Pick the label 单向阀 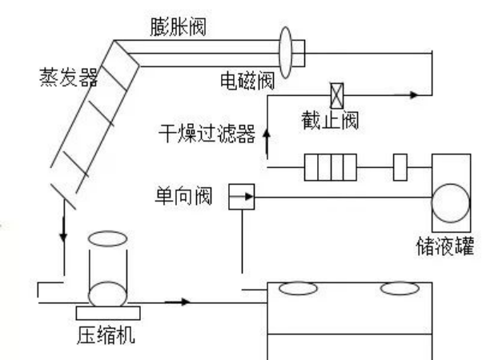185,195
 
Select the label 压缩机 110,335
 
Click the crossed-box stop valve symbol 338,94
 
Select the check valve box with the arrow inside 241,194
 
